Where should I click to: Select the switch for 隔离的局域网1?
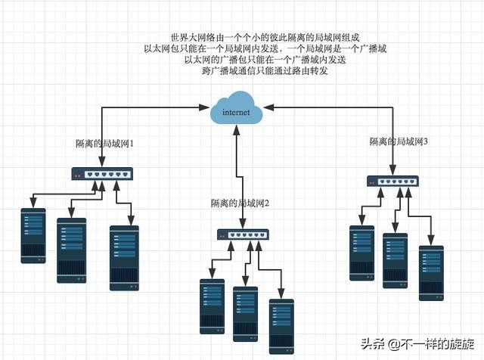[101, 173]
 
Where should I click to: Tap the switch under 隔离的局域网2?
[242, 235]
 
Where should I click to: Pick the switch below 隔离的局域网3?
[392, 182]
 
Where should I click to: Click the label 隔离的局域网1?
[104, 143]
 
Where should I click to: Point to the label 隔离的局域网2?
[240, 203]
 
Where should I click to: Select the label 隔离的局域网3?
[399, 141]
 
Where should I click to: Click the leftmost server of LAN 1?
[33, 235]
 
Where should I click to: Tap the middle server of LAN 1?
[72, 250]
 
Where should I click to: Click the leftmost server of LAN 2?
[213, 306]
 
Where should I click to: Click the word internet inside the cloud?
[237, 113]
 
